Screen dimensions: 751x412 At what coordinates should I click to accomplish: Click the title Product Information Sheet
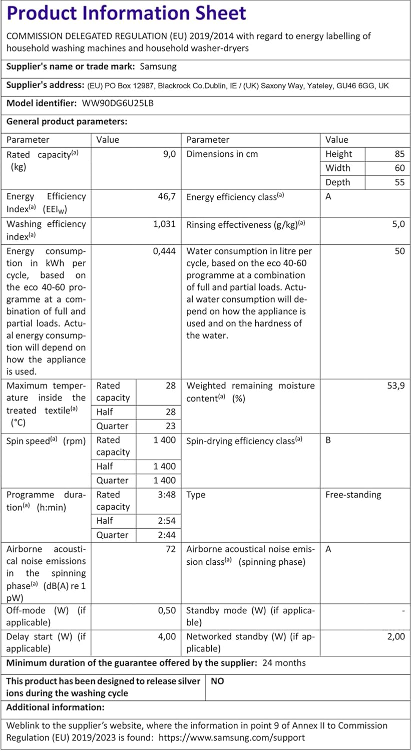[x=127, y=13]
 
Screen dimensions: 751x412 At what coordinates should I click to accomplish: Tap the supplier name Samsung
[x=158, y=66]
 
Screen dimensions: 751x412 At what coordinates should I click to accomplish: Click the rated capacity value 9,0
[x=169, y=154]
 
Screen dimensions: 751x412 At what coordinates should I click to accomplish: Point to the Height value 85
[x=399, y=154]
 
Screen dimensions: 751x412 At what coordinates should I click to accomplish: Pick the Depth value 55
[x=399, y=182]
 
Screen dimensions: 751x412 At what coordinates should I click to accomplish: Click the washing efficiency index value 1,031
[x=164, y=224]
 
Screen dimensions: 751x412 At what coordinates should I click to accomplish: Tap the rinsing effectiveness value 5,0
[x=398, y=224]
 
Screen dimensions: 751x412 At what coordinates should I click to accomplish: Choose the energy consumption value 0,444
[x=164, y=251]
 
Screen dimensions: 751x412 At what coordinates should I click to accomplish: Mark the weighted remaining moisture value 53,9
[x=395, y=386]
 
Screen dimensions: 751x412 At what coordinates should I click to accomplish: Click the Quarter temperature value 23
[x=171, y=426]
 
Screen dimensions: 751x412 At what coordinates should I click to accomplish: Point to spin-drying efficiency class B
[x=328, y=441]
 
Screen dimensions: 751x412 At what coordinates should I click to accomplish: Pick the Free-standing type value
[x=353, y=495]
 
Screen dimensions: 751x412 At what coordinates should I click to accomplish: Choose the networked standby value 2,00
[x=395, y=637]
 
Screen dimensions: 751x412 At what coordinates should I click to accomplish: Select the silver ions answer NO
[x=217, y=681]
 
